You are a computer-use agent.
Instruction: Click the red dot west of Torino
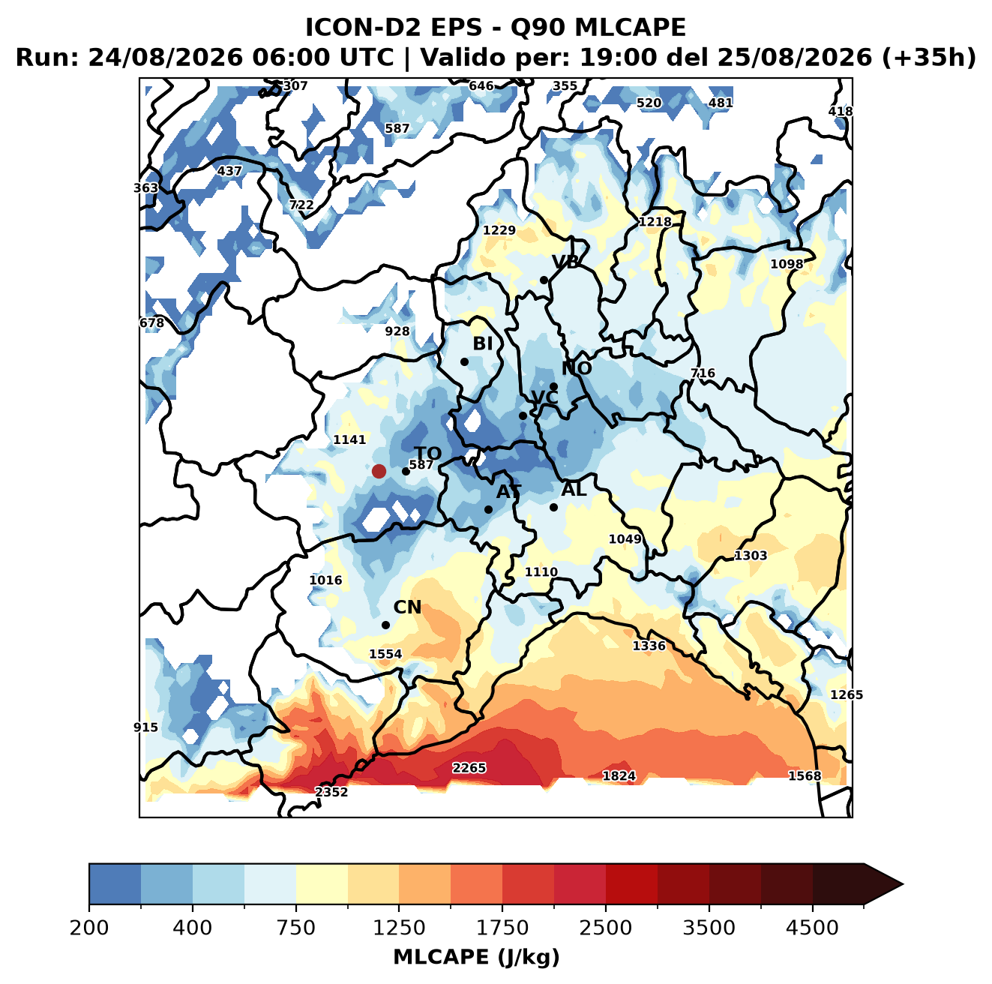[x=379, y=471]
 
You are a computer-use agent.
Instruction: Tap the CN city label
[x=406, y=607]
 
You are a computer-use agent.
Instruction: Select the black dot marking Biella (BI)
[x=464, y=361]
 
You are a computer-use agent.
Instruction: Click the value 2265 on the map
[x=469, y=767]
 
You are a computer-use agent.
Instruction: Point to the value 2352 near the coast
[x=331, y=791]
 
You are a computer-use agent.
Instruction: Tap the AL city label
[x=574, y=489]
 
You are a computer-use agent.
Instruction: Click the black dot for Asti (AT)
[x=488, y=509]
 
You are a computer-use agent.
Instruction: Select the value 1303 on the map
[x=750, y=555]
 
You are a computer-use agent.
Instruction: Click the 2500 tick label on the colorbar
[x=605, y=927]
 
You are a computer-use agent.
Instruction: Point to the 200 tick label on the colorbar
[x=89, y=927]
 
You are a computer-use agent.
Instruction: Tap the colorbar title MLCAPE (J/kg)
[x=476, y=957]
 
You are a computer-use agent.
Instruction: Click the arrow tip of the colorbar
[x=903, y=884]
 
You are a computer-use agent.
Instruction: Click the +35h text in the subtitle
[x=929, y=58]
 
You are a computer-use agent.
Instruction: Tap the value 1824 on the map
[x=619, y=775]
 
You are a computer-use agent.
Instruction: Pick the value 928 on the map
[x=397, y=331]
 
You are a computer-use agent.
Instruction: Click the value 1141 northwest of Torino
[x=349, y=439]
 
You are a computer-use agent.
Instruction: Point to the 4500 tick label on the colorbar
[x=812, y=927]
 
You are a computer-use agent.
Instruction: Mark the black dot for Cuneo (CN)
[x=385, y=625]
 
